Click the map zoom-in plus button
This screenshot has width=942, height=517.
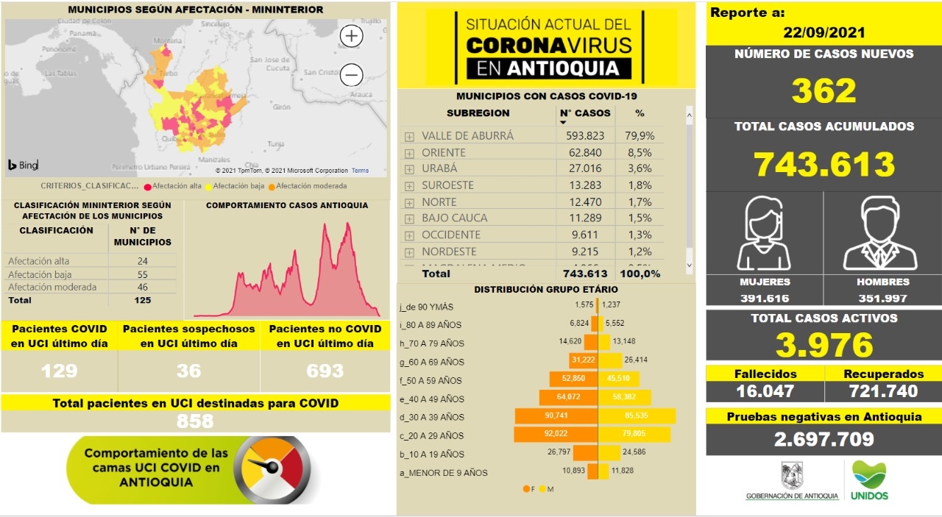coord(352,35)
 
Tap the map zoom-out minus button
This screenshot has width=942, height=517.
coord(352,75)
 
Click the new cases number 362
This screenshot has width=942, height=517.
coord(824,91)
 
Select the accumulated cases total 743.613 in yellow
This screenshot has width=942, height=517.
coord(824,164)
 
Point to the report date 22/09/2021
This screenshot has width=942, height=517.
coord(824,33)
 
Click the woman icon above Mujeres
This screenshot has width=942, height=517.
coord(765,234)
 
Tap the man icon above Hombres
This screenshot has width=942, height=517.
coord(881,234)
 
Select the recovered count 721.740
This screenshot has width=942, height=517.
coord(882,391)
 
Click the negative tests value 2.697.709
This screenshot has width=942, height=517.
coord(824,439)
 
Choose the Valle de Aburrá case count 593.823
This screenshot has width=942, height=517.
coord(585,136)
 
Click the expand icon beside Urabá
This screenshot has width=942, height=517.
coord(409,169)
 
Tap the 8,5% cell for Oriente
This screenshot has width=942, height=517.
coord(640,152)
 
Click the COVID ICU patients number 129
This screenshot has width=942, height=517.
coord(60,370)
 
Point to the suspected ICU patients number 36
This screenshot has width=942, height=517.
coord(188,370)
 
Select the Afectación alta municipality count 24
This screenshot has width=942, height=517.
coord(143,261)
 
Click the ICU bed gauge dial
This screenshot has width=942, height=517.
coord(271,469)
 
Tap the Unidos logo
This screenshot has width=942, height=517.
coord(869,480)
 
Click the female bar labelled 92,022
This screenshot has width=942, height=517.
coord(556,435)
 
